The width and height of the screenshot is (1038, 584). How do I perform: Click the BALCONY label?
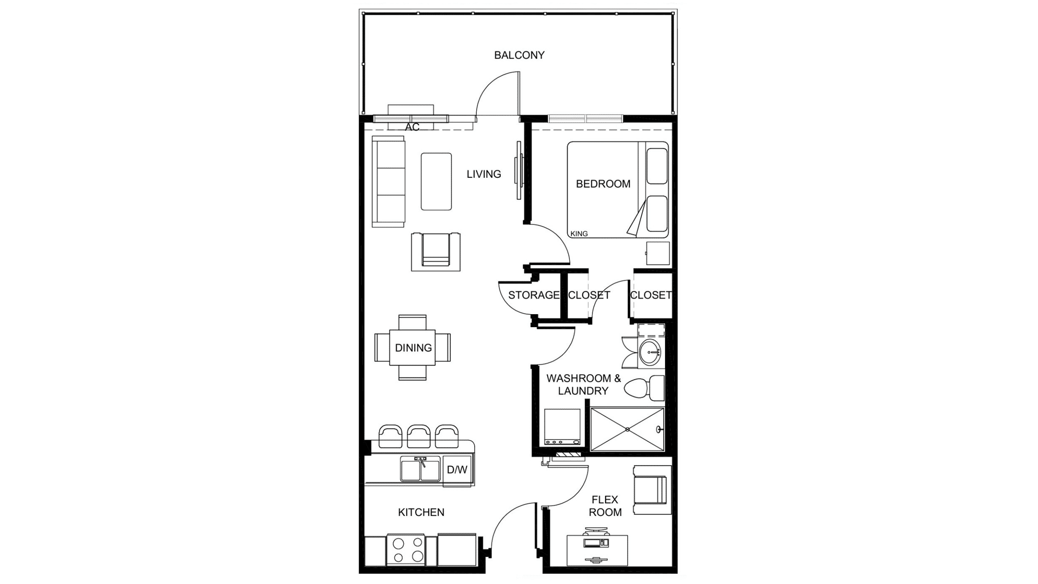click(x=519, y=55)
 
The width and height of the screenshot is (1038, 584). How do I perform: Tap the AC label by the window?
click(x=412, y=127)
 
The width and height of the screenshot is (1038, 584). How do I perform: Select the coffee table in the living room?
click(x=436, y=181)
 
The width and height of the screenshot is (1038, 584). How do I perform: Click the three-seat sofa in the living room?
click(x=389, y=182)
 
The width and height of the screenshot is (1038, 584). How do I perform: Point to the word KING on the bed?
click(x=579, y=234)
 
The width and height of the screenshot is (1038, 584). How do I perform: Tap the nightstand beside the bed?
click(x=658, y=254)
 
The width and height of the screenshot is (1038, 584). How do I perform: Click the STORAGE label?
click(x=534, y=295)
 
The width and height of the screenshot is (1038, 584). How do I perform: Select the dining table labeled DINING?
click(x=412, y=348)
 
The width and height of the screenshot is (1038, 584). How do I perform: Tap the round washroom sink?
click(x=650, y=354)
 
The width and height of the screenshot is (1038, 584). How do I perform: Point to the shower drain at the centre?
click(x=628, y=429)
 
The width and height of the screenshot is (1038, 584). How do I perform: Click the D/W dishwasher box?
click(x=457, y=469)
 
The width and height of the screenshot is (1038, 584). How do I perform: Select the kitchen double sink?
click(x=421, y=469)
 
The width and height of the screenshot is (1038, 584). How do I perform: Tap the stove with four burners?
click(x=405, y=550)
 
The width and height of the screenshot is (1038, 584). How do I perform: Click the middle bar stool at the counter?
click(x=418, y=436)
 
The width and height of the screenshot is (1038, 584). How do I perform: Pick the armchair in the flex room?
click(x=651, y=489)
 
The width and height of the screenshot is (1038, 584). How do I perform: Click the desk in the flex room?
click(x=597, y=550)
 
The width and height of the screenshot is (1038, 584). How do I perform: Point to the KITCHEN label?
click(x=421, y=512)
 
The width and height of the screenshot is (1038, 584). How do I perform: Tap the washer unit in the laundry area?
click(x=562, y=427)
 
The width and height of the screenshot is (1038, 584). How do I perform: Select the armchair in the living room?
click(x=436, y=251)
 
